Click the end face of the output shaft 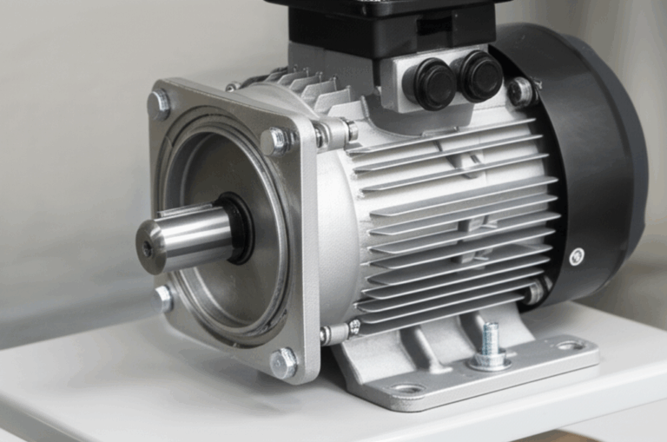pyautogui.click(x=149, y=247)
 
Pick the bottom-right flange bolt pyautogui.click(x=283, y=362)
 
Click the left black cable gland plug pyautogui.click(x=433, y=84)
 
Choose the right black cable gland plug pyautogui.click(x=480, y=76)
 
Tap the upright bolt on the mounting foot pyautogui.click(x=491, y=340)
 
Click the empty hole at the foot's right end pyautogui.click(x=569, y=346)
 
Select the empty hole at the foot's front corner pyautogui.click(x=407, y=388)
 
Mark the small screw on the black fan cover pyautogui.click(x=577, y=256)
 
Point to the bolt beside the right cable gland pyautogui.click(x=520, y=91)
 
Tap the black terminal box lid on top pyautogui.click(x=382, y=22)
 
